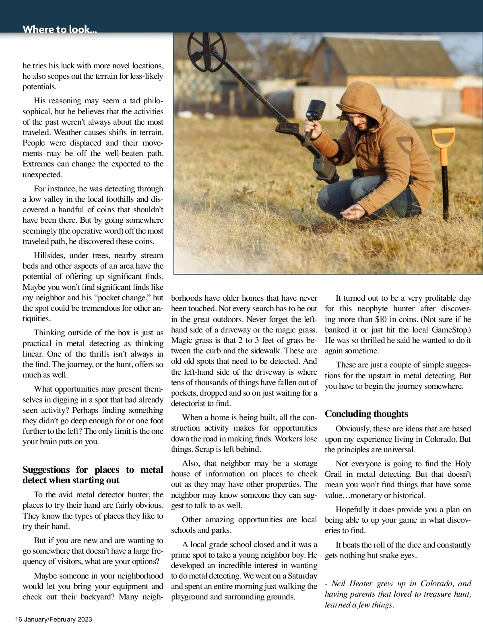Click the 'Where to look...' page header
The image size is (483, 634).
coord(60,29)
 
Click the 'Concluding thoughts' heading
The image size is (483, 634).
coord(366,414)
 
